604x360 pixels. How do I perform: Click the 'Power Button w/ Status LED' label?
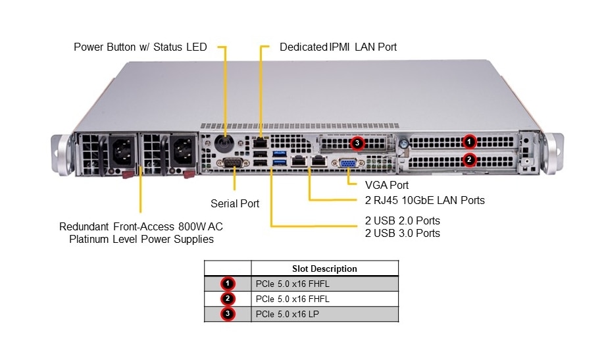[x=140, y=47]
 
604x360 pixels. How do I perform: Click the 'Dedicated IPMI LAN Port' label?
[x=338, y=47]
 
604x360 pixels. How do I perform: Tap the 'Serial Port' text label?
[x=235, y=203]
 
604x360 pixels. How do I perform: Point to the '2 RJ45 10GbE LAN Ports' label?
[x=424, y=200]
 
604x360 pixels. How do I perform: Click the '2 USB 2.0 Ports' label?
[x=402, y=220]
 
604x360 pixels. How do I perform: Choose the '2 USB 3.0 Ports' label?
[x=402, y=233]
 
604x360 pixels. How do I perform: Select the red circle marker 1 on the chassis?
[x=468, y=141]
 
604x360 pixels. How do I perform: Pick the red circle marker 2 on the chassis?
[x=468, y=159]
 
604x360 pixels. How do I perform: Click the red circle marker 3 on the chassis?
[x=357, y=142]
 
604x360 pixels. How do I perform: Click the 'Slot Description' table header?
[x=324, y=269]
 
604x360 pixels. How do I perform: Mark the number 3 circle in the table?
[x=228, y=314]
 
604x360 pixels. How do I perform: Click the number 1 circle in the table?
[x=228, y=284]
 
